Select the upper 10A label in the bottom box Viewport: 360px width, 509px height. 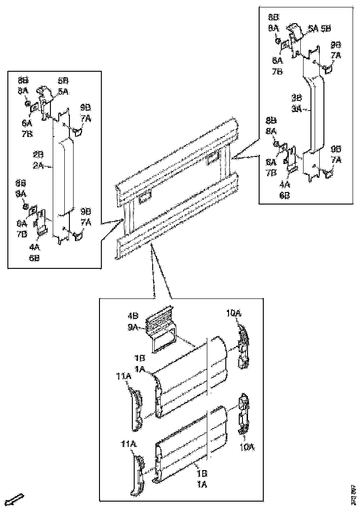234,313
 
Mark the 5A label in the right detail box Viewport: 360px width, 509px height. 313,28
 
